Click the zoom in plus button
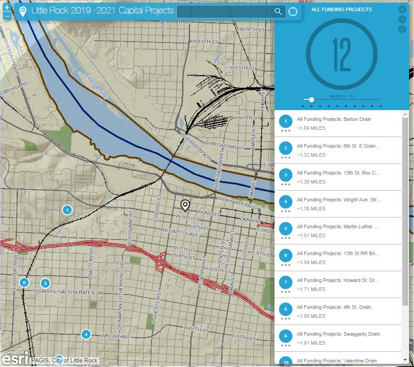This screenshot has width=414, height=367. (x=7, y=8)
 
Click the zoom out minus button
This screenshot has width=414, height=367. (x=7, y=16)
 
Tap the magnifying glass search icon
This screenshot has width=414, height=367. (x=278, y=12)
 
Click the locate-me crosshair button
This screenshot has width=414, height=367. (x=293, y=12)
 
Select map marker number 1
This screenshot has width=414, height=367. (x=67, y=209)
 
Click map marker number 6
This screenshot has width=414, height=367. (x=24, y=282)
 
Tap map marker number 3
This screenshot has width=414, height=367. (x=45, y=283)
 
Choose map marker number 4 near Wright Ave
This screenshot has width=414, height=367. (x=86, y=334)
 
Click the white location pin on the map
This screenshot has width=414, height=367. (x=185, y=205)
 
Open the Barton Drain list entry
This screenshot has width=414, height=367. (x=334, y=119)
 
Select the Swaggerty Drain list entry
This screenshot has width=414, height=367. (x=338, y=334)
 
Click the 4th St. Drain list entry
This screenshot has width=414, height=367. (x=334, y=307)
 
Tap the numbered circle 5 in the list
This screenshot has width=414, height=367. (x=286, y=229)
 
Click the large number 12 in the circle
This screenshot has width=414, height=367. (x=341, y=55)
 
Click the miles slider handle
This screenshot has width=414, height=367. (x=311, y=99)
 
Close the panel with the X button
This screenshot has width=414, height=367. (x=402, y=9)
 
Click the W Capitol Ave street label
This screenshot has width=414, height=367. (x=181, y=235)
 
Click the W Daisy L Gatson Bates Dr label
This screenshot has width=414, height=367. (x=68, y=292)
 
